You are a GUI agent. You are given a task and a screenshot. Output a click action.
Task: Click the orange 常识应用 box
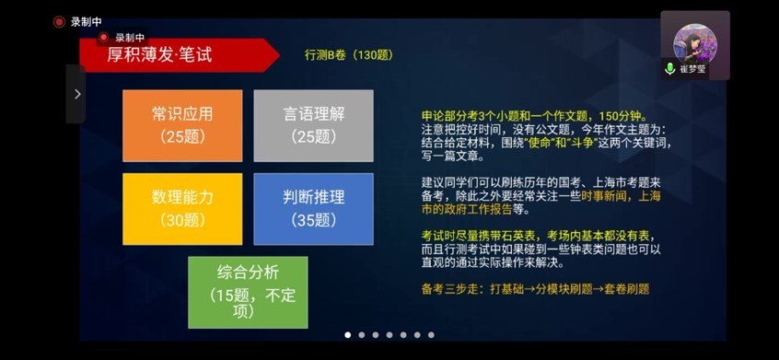182,125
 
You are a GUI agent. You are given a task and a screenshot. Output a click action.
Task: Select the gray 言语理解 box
313,125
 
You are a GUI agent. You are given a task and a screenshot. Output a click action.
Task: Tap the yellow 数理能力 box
182,209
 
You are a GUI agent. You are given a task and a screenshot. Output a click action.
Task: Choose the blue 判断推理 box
313,209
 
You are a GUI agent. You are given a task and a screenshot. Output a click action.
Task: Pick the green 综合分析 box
248,293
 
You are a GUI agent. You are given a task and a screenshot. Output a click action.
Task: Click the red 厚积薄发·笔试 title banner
179,54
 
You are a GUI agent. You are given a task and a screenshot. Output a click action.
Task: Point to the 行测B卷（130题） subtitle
349,55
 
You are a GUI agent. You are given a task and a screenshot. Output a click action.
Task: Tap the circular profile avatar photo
695,43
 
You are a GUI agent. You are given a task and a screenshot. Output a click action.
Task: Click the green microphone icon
669,68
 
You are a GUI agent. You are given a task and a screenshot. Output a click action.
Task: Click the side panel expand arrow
77,94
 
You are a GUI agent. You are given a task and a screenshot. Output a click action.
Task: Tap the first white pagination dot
348,335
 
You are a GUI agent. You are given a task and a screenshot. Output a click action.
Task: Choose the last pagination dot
431,335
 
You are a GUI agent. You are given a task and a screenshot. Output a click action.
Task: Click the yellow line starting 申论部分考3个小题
534,116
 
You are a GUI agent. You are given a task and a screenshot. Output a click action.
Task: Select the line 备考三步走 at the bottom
536,289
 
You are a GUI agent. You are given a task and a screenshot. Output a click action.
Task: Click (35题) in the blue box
313,220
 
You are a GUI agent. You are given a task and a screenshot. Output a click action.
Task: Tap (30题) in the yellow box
182,220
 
